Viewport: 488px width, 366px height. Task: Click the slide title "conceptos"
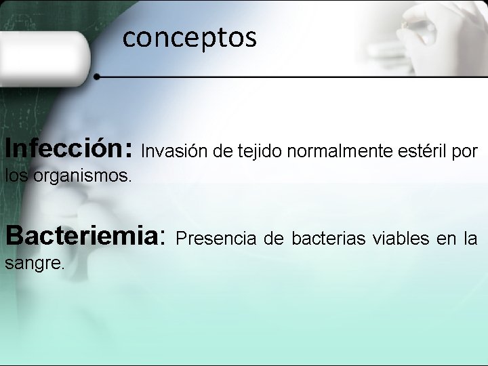(x=190, y=38)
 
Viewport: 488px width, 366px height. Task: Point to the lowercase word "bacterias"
(x=327, y=239)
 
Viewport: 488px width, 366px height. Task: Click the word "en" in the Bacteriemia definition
(x=447, y=239)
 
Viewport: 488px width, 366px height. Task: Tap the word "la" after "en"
(x=470, y=239)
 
